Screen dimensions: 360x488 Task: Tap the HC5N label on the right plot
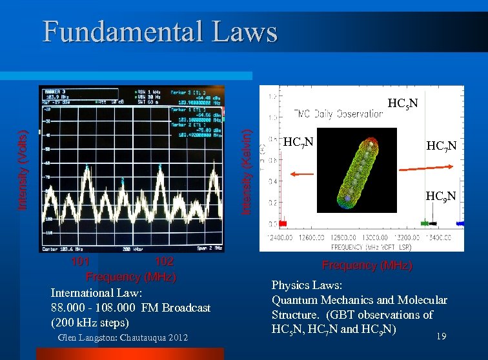(402, 103)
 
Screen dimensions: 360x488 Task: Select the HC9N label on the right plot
(441, 196)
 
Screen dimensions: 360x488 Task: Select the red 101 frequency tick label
(80, 261)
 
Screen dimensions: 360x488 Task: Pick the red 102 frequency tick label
(165, 261)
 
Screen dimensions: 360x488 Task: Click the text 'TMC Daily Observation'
(339, 114)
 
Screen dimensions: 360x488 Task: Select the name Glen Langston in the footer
(89, 338)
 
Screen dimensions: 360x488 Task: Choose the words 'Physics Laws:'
(307, 285)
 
